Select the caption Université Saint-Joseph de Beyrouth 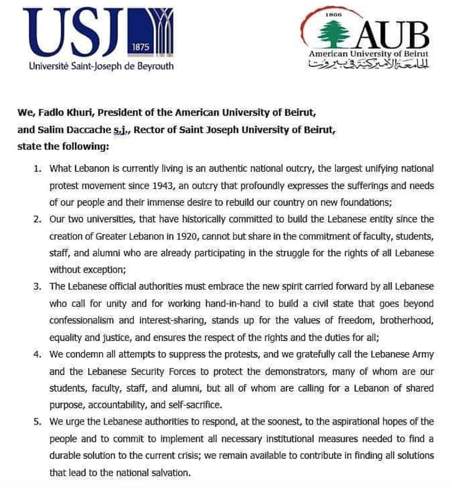(x=101, y=66)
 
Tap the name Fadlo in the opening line (x=48, y=112)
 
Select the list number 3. (x=38, y=287)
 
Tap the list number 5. (x=38, y=422)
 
